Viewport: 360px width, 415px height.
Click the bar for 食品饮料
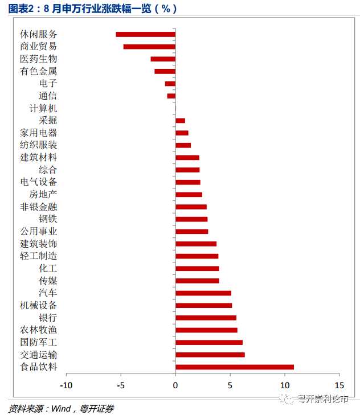[235, 367]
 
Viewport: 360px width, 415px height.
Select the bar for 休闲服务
[145, 34]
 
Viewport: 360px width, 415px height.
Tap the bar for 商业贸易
[149, 47]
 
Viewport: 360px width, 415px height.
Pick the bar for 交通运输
[210, 355]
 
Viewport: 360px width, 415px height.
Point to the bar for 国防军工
[209, 342]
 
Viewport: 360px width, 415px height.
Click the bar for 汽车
[203, 293]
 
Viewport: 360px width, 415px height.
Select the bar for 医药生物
[163, 59]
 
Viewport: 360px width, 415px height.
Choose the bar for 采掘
[180, 121]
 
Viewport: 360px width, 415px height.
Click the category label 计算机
[43, 108]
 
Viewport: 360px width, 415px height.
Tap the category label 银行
[48, 317]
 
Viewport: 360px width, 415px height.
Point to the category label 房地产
[43, 194]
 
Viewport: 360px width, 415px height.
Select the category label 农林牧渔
[39, 330]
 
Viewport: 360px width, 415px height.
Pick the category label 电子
[48, 84]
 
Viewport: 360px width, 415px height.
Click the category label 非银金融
[39, 207]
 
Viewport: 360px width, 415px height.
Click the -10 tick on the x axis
[66, 384]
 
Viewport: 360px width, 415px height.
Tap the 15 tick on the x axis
[339, 384]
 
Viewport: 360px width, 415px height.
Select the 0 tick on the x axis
[175, 384]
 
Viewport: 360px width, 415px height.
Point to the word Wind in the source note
[60, 408]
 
